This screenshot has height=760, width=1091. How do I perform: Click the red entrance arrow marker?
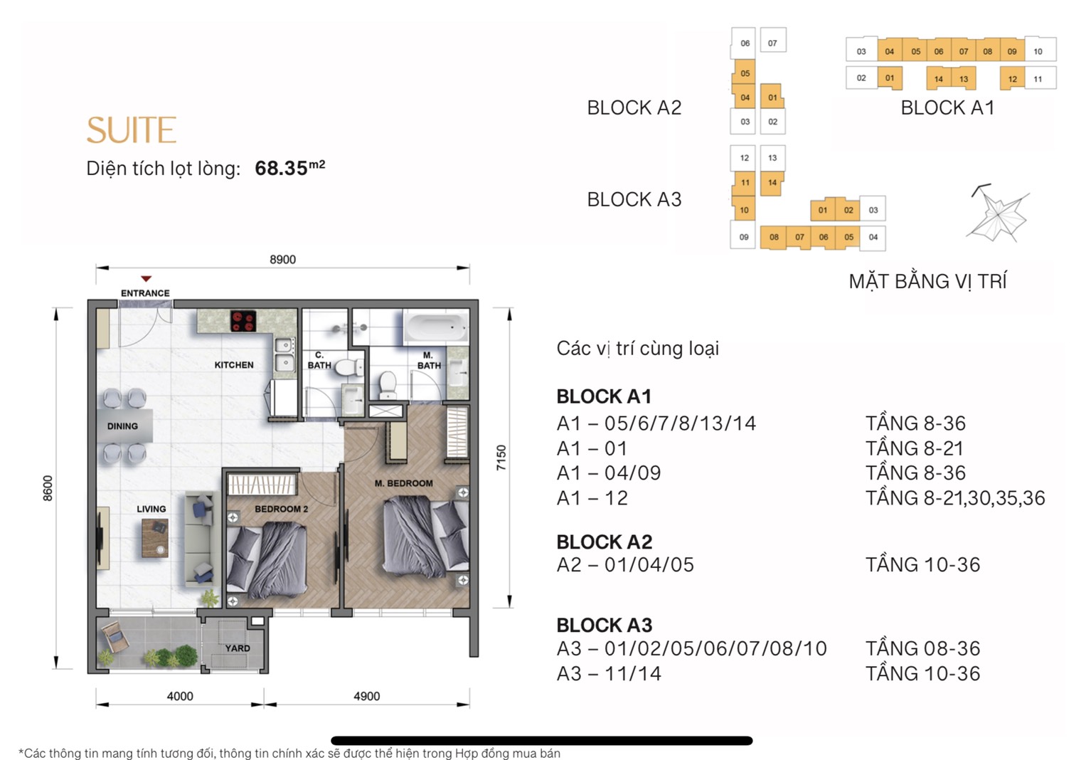146,279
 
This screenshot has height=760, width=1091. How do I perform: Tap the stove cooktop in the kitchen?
243,321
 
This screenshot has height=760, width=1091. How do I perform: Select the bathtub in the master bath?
435,327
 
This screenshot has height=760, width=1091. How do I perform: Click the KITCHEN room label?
234,365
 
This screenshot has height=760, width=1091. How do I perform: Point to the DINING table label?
122,426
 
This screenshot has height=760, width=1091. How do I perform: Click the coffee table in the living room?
155,538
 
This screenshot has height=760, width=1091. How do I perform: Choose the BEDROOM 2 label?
282,509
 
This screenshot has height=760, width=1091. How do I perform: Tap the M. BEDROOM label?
404,483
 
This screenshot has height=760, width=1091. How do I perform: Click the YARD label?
238,648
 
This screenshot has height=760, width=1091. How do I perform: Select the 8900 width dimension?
283,260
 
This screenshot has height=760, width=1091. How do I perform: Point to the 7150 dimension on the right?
501,458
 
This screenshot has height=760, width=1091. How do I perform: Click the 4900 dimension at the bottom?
367,696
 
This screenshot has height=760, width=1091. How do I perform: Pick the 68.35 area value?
282,169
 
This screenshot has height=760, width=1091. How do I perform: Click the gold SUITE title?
132,130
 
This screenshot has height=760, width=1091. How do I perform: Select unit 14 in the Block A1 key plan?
939,79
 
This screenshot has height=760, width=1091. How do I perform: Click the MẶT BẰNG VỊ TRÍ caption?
928,281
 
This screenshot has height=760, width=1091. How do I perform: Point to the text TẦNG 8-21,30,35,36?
955,498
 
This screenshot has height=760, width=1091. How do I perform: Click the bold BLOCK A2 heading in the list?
605,542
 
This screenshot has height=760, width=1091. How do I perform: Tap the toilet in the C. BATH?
347,367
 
